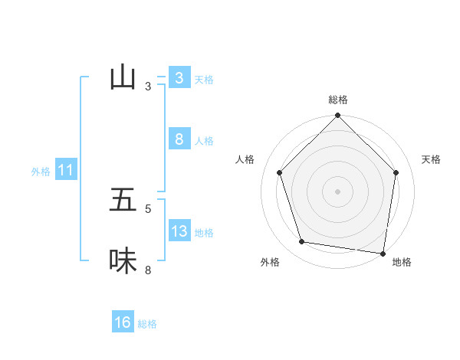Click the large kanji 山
click(x=123, y=77)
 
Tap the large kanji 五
click(x=123, y=200)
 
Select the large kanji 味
click(x=123, y=261)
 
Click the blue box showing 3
click(x=179, y=77)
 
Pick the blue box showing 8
click(x=179, y=139)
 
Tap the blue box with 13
click(x=179, y=231)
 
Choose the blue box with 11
click(x=65, y=170)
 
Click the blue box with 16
click(x=123, y=322)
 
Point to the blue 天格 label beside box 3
click(x=204, y=79)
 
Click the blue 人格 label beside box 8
click(x=204, y=141)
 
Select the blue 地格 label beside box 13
click(x=204, y=233)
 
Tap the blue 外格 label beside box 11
click(x=41, y=172)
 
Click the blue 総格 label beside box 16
click(x=147, y=324)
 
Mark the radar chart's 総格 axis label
click(x=338, y=100)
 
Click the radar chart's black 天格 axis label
click(x=431, y=159)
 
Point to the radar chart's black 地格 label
click(x=402, y=262)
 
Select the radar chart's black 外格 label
click(x=270, y=262)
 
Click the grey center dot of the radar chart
click(x=337, y=191)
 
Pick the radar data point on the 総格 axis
click(x=337, y=116)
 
